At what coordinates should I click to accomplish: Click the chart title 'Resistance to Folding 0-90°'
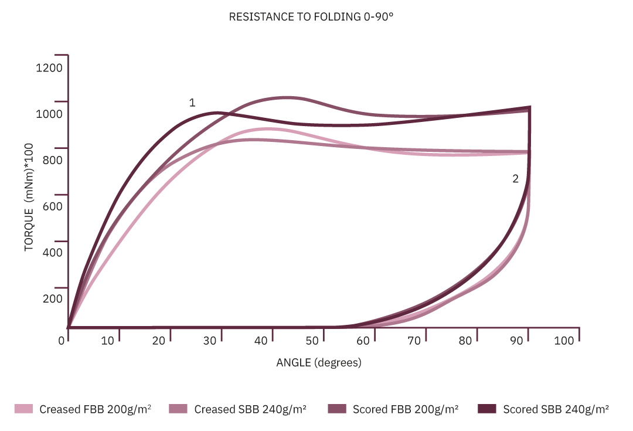click(311, 17)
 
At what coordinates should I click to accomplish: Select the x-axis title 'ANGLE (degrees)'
click(319, 363)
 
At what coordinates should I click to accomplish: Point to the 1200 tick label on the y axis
click(49, 67)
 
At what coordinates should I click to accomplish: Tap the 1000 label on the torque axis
click(49, 114)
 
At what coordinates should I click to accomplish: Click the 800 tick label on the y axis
click(52, 160)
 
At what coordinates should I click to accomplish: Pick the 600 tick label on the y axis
click(52, 206)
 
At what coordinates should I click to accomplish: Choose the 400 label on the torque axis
click(52, 253)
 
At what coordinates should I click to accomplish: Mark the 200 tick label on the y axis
click(52, 298)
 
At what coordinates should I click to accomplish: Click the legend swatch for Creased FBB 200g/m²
click(24, 409)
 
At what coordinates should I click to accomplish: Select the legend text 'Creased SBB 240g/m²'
click(251, 409)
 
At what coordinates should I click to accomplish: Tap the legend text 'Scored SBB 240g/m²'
click(556, 409)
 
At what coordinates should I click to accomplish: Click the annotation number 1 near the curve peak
click(192, 103)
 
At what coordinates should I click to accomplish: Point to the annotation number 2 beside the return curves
click(516, 179)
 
